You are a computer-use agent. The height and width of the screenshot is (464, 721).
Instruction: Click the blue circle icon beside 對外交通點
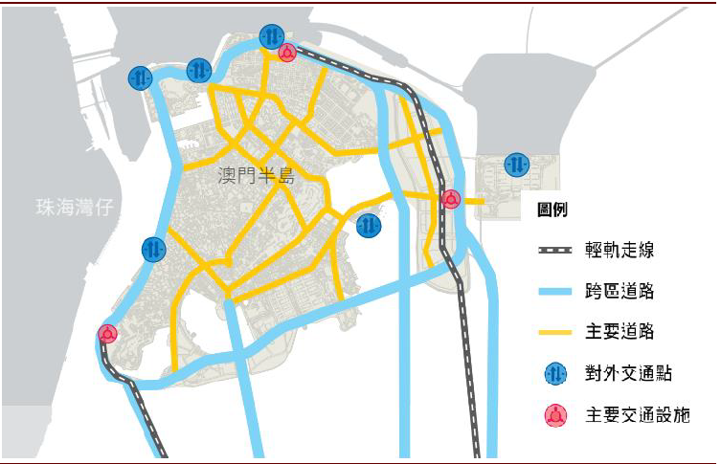click(x=555, y=374)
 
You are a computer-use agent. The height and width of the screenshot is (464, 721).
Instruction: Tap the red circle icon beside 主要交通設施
click(x=555, y=415)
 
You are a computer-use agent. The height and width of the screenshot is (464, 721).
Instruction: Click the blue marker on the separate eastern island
click(x=517, y=164)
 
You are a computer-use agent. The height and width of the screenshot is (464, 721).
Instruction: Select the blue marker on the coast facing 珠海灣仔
click(x=154, y=250)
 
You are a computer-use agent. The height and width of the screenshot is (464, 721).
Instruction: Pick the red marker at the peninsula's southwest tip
click(x=107, y=334)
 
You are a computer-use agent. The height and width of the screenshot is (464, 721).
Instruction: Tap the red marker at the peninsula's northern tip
click(x=286, y=53)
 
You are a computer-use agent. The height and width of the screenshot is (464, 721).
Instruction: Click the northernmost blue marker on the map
click(x=271, y=36)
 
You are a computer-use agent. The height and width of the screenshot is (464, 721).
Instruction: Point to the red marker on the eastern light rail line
click(x=451, y=200)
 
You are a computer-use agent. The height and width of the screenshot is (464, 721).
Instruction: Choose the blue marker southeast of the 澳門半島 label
click(x=369, y=226)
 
